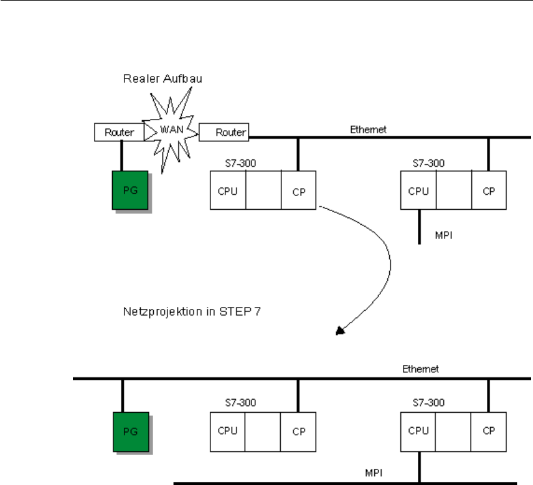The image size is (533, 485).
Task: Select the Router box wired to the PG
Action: tap(119, 133)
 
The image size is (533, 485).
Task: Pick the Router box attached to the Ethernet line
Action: tap(223, 133)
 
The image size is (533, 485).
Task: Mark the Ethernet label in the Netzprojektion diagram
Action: tap(420, 369)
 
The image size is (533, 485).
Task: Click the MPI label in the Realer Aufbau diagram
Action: tap(444, 237)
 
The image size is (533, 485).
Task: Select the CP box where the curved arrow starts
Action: tap(299, 191)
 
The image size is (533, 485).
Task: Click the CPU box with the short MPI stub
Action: tap(418, 191)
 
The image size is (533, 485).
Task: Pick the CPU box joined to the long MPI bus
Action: tap(418, 430)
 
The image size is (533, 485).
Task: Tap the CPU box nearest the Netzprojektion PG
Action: tap(228, 430)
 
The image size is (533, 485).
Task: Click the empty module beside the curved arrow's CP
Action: tap(263, 191)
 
